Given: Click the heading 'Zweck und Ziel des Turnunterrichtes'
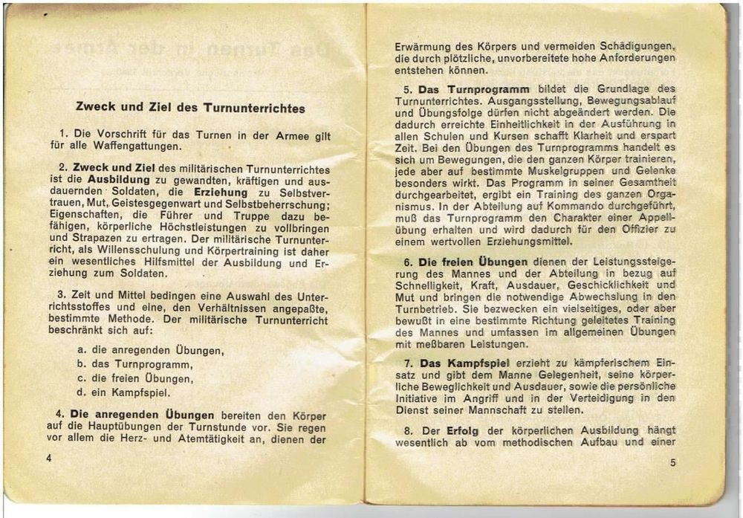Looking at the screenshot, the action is click(190, 108).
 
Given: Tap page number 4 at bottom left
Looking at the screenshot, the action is click(49, 458).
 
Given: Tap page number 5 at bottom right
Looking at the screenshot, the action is click(672, 462).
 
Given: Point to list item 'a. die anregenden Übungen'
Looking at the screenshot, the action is click(150, 350).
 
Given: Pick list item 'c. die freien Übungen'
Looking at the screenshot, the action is click(134, 378).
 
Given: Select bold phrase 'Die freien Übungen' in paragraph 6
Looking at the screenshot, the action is click(473, 262).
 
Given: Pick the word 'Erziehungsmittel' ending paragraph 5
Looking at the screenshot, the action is click(530, 242).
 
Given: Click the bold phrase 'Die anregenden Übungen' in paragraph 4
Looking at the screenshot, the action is click(142, 414).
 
